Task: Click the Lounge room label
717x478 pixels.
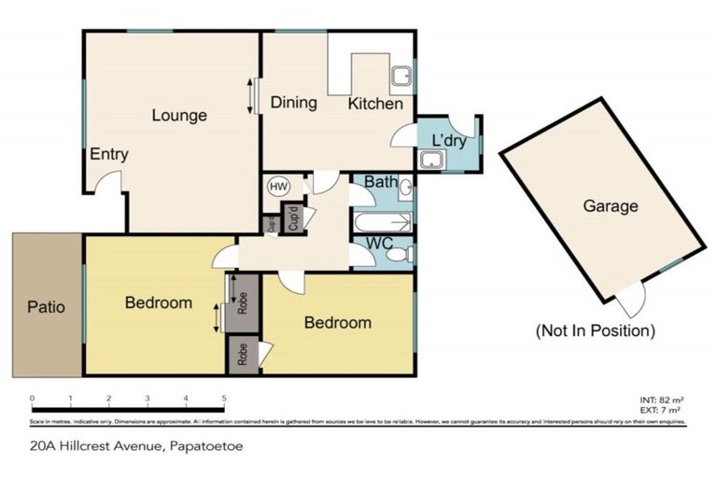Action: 179,116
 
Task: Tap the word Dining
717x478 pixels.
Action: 294,103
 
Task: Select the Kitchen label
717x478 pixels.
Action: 375,104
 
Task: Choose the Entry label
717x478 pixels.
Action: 109,154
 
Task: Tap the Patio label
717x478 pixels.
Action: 46,306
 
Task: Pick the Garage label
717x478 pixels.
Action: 611,206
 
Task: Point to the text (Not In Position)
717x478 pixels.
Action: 595,330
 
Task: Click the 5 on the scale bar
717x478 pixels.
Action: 224,399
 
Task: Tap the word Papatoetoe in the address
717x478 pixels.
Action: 204,446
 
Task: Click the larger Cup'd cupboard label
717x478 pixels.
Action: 293,220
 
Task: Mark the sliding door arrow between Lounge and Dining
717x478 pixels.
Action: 249,96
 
